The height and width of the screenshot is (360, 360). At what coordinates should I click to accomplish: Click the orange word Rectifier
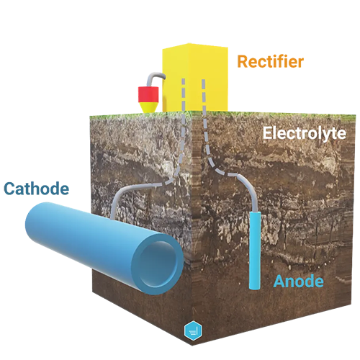[270, 62]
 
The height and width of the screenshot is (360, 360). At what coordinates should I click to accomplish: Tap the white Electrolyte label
[305, 133]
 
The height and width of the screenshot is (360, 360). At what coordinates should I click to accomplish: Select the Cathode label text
[37, 189]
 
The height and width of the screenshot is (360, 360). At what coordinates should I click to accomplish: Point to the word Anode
[298, 281]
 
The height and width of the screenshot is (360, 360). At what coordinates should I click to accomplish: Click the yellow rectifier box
[195, 77]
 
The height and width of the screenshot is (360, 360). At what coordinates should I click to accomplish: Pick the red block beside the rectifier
[148, 94]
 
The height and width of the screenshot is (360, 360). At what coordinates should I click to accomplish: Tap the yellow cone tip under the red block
[148, 107]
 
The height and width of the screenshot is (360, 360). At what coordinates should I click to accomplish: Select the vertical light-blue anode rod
[255, 251]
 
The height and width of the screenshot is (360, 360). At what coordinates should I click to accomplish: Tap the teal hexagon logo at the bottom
[193, 331]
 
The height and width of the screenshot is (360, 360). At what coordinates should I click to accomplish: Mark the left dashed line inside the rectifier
[183, 95]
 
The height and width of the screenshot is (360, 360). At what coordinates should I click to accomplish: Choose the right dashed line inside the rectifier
[204, 96]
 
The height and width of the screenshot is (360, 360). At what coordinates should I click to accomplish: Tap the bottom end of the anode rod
[255, 288]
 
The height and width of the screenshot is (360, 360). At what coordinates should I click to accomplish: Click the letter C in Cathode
[9, 189]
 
